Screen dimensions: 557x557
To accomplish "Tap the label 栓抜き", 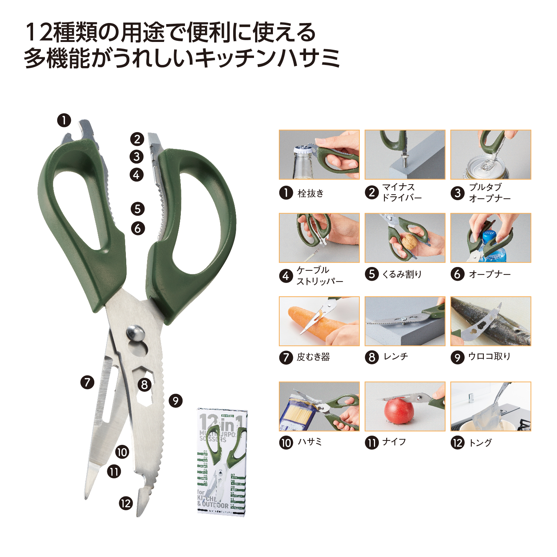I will point(310,193).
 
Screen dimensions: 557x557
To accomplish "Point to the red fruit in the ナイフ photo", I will point(399,410).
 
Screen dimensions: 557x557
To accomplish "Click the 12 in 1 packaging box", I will point(222,462).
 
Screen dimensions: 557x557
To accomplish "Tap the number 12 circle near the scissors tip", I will point(126,504).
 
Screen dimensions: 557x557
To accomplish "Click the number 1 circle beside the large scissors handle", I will point(64,120).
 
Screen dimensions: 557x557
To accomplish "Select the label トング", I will point(480,443).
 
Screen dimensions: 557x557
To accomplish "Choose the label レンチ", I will point(396,356).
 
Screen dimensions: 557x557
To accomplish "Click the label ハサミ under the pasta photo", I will point(310,442).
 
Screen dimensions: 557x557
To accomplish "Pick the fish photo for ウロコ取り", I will point(491,321).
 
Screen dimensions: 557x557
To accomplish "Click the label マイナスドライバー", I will point(402,192).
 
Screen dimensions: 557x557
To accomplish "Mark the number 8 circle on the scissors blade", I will point(144,384).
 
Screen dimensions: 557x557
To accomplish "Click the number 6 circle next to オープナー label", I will point(457,274).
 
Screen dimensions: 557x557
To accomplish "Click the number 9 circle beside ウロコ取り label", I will point(457,357).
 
